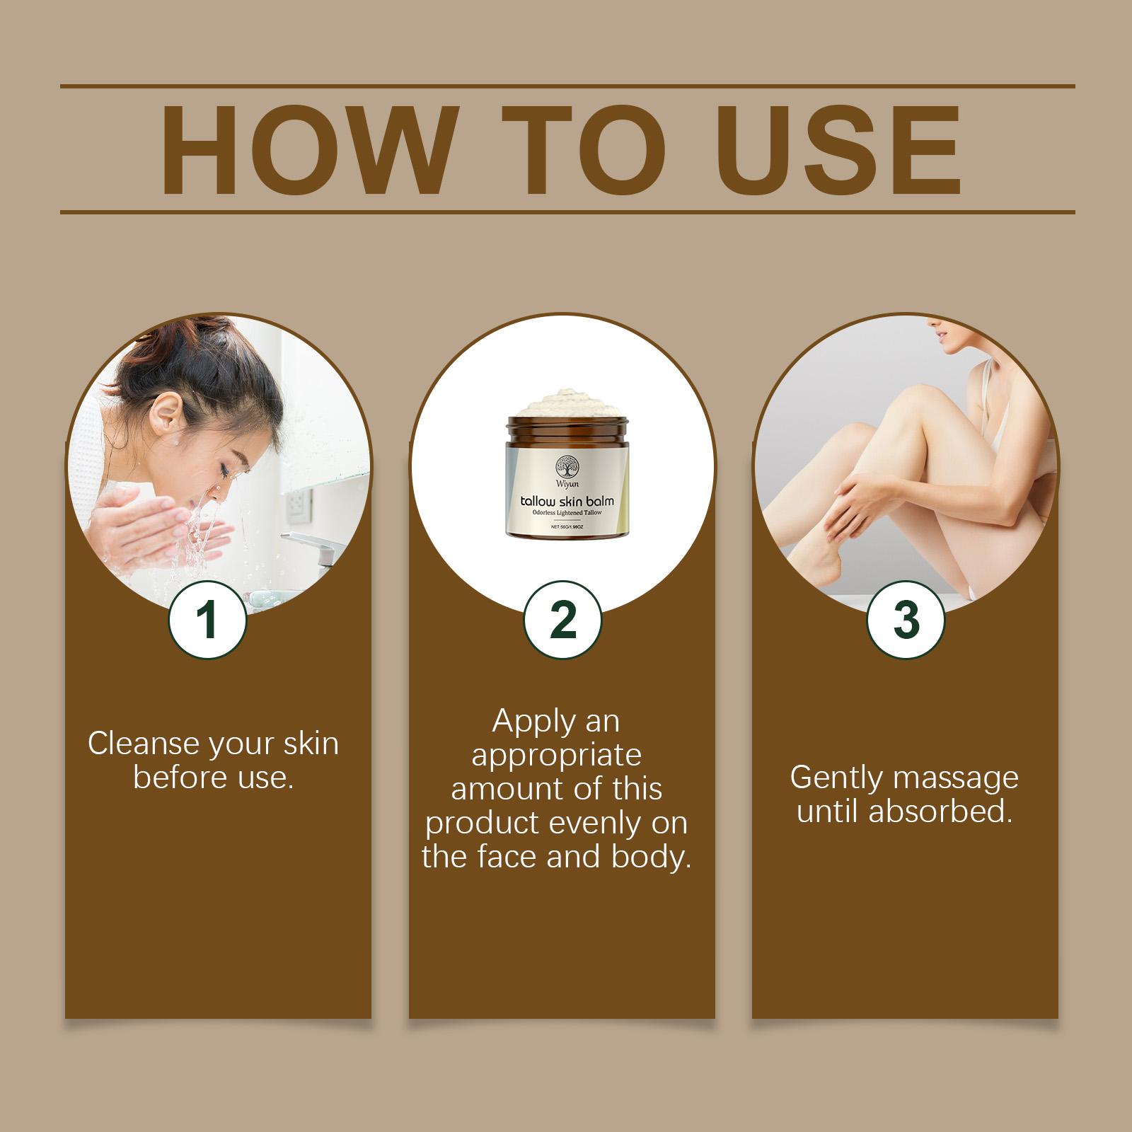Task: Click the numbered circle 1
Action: (x=207, y=619)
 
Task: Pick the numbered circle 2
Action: (x=562, y=619)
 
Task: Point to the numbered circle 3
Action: (x=906, y=619)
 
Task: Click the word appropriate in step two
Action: (x=557, y=755)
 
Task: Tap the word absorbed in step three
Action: (x=940, y=812)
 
